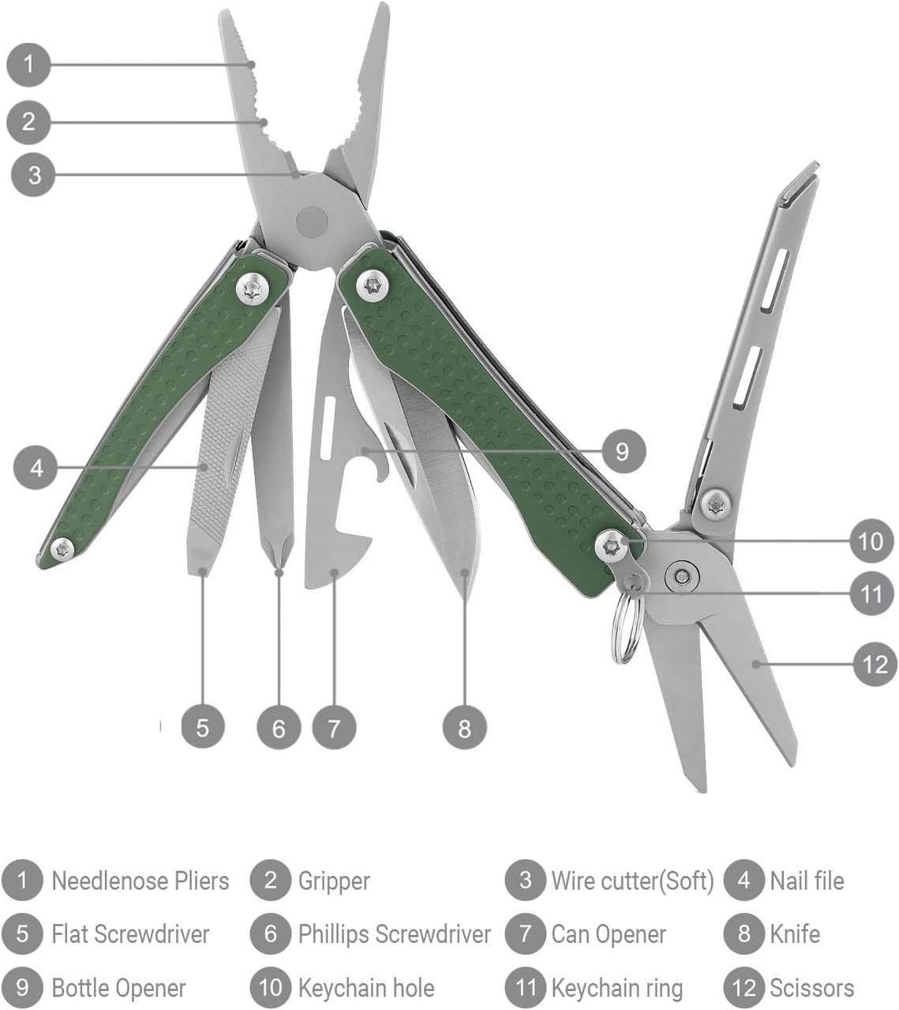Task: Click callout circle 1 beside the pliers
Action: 29,64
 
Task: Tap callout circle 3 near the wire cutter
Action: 33,174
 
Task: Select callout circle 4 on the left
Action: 36,468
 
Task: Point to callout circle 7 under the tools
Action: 334,727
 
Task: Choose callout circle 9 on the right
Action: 623,451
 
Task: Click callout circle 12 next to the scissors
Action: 875,664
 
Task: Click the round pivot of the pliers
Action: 312,222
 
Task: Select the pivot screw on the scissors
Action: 681,576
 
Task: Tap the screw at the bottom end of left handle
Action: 62,548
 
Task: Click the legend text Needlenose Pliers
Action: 140,881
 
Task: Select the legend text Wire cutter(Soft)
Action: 631,881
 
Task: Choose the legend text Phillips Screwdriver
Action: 394,934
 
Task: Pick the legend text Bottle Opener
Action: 118,988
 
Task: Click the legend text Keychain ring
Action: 616,988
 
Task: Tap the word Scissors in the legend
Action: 811,988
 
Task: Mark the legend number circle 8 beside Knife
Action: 744,934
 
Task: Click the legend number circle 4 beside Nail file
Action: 744,881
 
